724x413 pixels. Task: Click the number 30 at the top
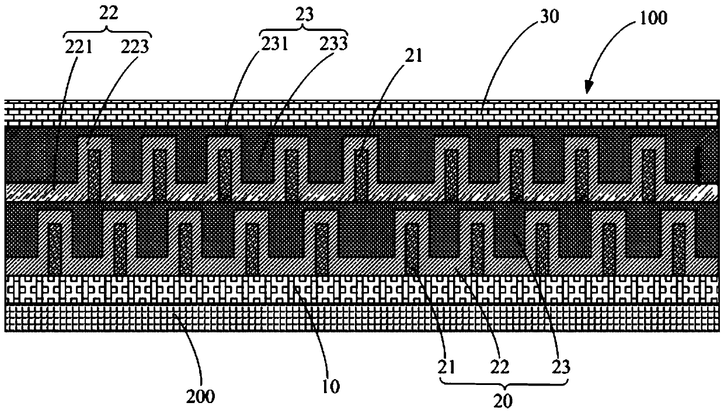tap(549, 16)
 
